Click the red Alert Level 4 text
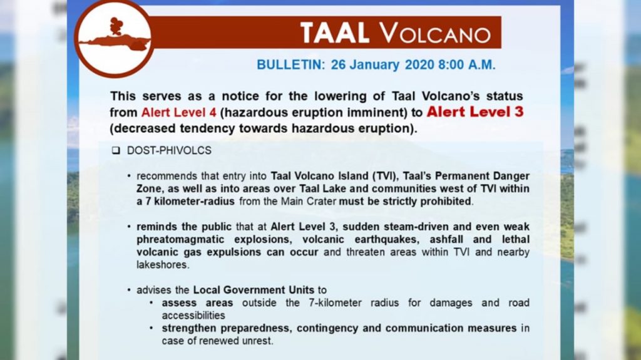tap(178, 113)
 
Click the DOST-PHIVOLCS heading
tap(169, 151)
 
